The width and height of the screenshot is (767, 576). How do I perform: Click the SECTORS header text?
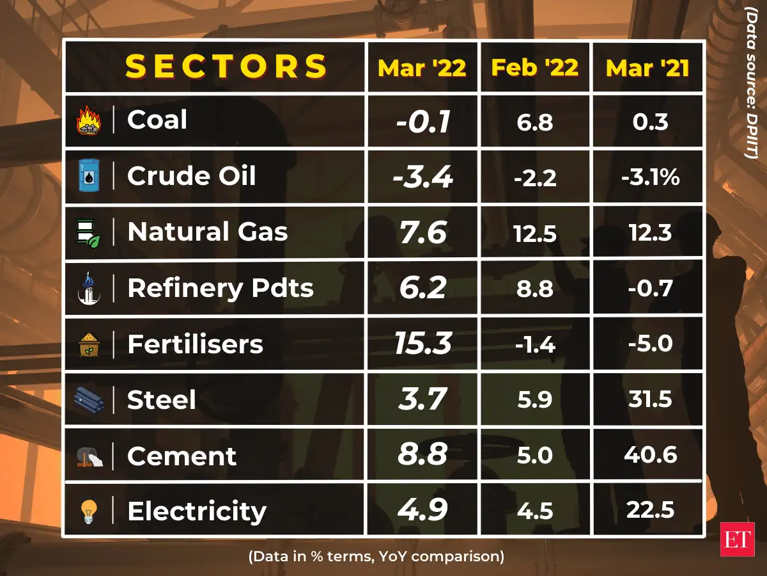coord(226,67)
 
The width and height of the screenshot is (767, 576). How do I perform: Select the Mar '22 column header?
coord(422,67)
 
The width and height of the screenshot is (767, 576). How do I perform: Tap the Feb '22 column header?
coord(535,67)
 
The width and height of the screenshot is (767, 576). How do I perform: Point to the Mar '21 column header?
coord(648,68)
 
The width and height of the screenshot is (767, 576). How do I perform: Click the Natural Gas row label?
coord(207,232)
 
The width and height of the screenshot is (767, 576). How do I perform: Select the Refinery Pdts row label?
coord(220,288)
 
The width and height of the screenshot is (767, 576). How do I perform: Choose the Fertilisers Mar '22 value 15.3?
coord(422,344)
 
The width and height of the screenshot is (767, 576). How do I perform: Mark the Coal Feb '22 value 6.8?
coord(535,122)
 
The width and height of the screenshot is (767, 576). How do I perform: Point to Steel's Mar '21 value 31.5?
coord(648,400)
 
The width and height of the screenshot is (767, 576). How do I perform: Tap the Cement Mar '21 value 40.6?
coord(648,456)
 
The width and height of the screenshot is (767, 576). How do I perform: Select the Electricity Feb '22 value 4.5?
coord(535,511)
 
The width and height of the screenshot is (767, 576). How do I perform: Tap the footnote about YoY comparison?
coord(376,556)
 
